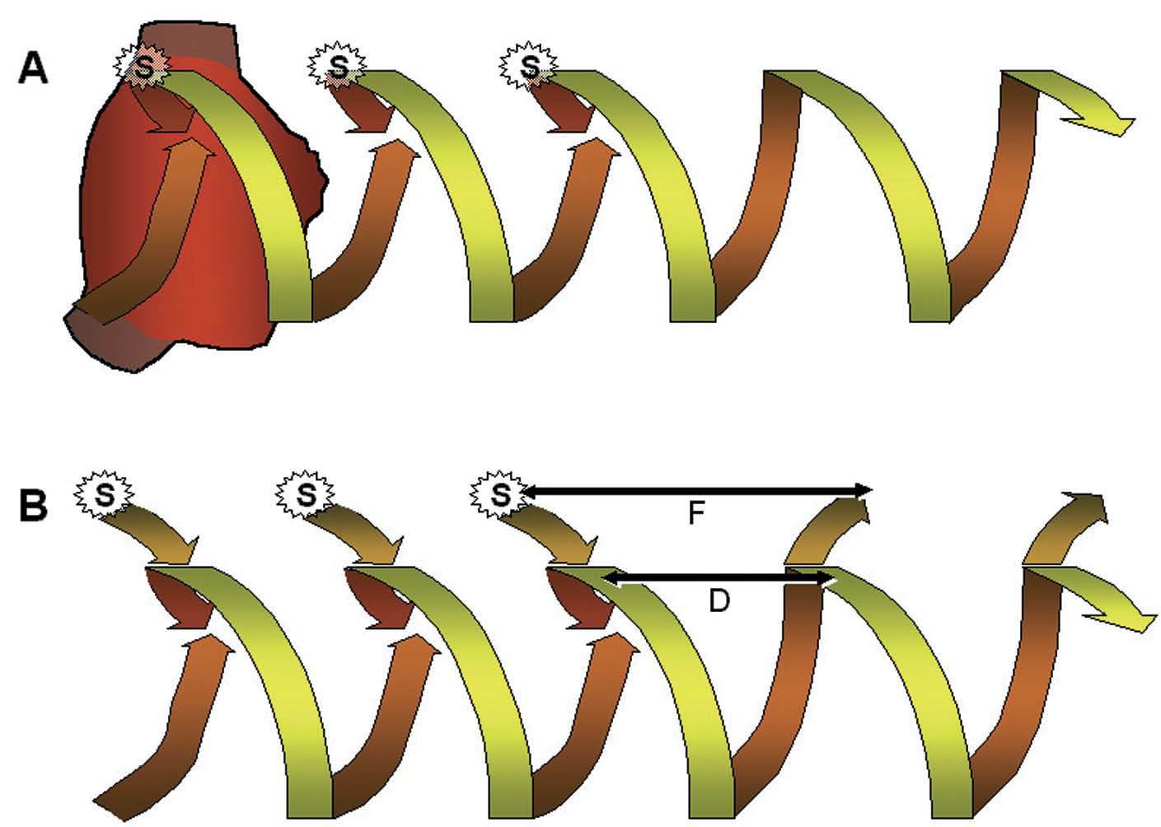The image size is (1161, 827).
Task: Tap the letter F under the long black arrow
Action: tap(696, 514)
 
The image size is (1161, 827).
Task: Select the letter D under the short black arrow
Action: tap(719, 600)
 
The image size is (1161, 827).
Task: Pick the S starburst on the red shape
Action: tap(143, 67)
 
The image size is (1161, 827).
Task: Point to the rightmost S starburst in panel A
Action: tap(530, 65)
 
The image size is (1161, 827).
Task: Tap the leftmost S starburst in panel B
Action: tap(105, 495)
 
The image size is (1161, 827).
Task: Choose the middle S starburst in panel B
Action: tap(305, 495)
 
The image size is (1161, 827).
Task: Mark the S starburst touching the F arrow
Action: tap(500, 495)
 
